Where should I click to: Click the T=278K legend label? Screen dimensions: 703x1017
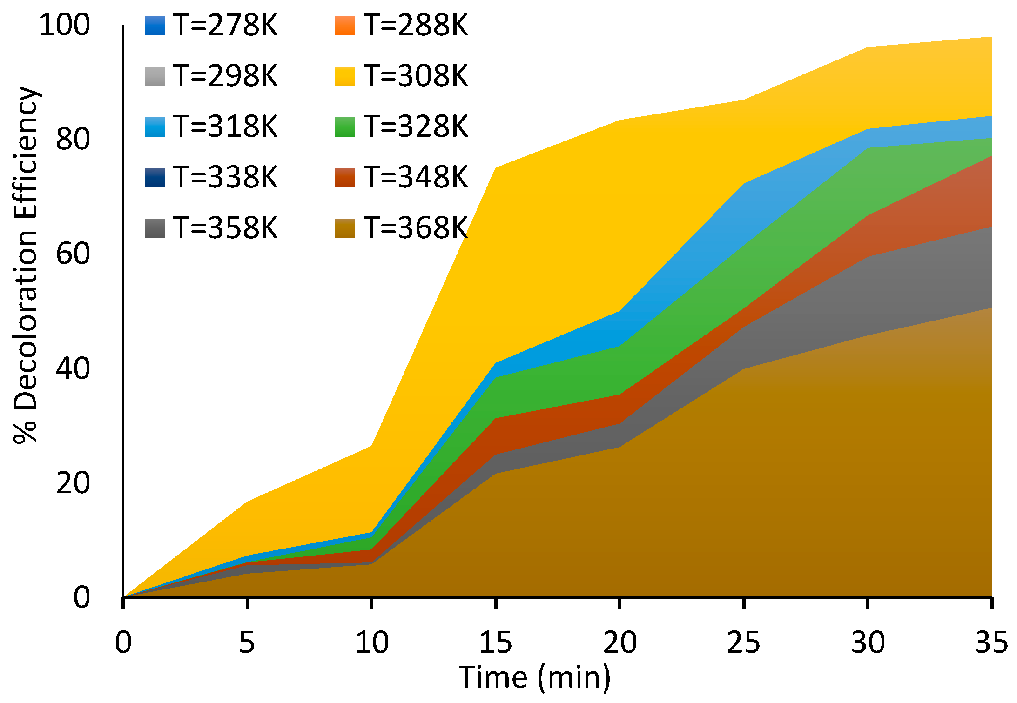click(225, 25)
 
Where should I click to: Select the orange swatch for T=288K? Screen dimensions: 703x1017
click(345, 26)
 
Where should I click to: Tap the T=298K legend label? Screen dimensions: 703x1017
click(225, 76)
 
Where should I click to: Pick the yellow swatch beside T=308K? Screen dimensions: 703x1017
click(345, 76)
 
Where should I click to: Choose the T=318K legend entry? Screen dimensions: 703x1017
click(225, 127)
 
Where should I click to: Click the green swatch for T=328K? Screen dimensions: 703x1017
click(345, 127)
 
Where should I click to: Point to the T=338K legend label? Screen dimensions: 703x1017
click(225, 177)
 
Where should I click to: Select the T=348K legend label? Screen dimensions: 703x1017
click(416, 177)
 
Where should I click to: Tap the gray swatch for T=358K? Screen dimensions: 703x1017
click(155, 228)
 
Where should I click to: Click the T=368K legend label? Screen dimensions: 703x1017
click(416, 228)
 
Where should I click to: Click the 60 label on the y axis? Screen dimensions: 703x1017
click(73, 254)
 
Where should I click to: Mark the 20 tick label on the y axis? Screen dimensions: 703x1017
click(73, 483)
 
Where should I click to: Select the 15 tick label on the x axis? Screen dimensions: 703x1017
click(496, 643)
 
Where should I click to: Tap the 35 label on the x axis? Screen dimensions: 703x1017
click(991, 643)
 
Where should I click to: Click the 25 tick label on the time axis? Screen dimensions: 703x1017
click(744, 643)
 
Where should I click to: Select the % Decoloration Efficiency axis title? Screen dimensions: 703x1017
click(26, 265)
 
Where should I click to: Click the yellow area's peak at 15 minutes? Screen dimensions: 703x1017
click(496, 167)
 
